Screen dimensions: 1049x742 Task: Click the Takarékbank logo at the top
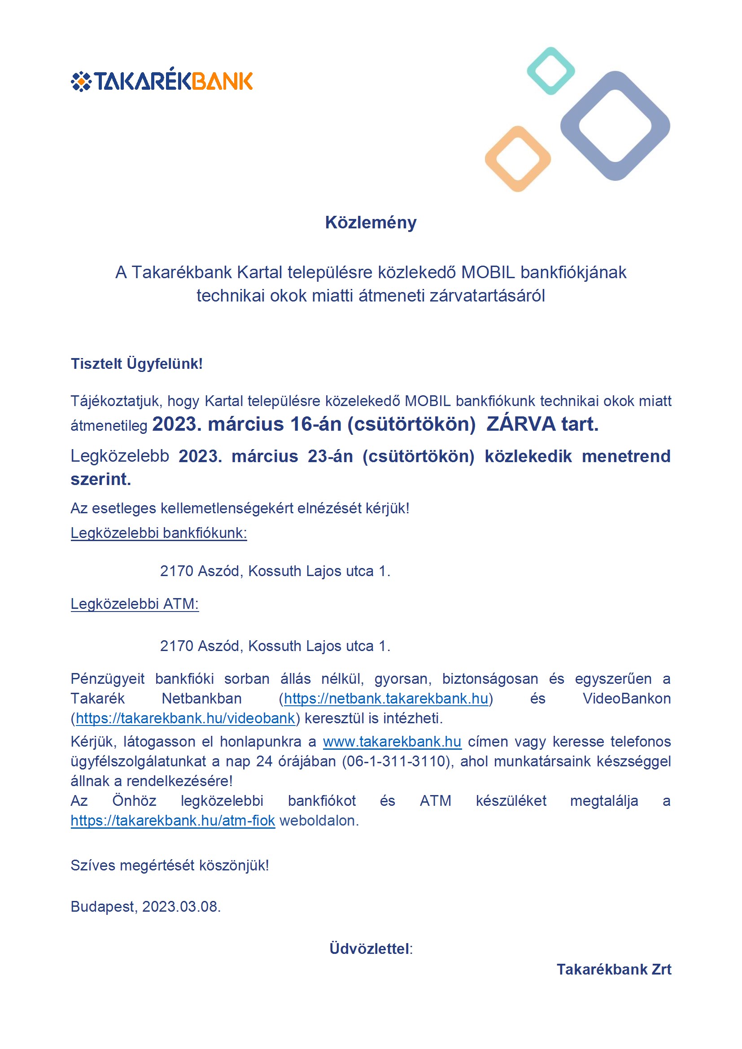coord(162,80)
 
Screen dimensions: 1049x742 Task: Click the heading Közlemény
coord(371,223)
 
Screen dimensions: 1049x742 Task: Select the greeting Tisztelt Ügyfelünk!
coord(137,364)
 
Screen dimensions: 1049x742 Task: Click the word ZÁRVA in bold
coord(521,424)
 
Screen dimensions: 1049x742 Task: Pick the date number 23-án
coord(330,456)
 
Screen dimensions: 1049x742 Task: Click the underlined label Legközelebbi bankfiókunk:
coord(158,533)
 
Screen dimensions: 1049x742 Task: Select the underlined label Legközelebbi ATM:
coord(135,604)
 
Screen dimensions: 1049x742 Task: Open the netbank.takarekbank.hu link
coord(386,699)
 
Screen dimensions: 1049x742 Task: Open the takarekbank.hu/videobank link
coord(185,718)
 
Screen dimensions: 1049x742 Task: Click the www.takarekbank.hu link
coord(392,742)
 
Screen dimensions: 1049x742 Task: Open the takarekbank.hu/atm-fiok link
coord(173,821)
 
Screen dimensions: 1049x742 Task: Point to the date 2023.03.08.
coord(181,906)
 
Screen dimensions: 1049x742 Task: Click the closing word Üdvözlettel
coord(370,949)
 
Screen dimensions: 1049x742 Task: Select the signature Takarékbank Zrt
coord(614,969)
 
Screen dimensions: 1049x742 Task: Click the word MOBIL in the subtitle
coord(488,272)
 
